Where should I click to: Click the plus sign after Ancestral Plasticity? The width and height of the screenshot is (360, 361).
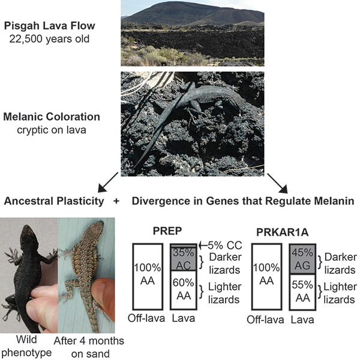pyautogui.click(x=116, y=200)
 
